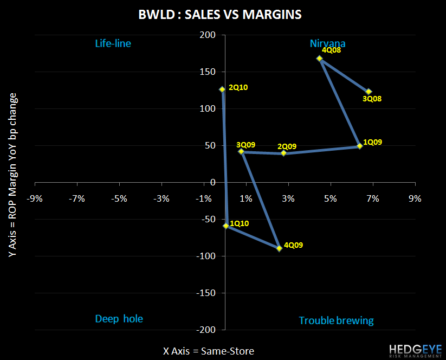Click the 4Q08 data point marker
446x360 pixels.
tap(320, 59)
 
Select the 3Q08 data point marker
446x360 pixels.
tap(369, 92)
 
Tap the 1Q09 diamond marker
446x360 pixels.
tap(359, 146)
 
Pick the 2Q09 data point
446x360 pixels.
tap(283, 153)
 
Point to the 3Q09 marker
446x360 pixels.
tap(241, 152)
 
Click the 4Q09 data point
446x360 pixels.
tap(279, 248)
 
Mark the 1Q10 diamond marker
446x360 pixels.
tap(226, 226)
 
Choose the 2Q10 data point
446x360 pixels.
tap(222, 89)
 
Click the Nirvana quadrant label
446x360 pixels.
tap(327, 43)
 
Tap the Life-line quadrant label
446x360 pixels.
tap(113, 43)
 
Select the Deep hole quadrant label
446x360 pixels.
tap(119, 319)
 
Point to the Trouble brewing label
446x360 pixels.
tap(336, 320)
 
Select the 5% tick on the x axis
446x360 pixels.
tap(330, 198)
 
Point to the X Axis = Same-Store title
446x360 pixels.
tap(209, 351)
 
